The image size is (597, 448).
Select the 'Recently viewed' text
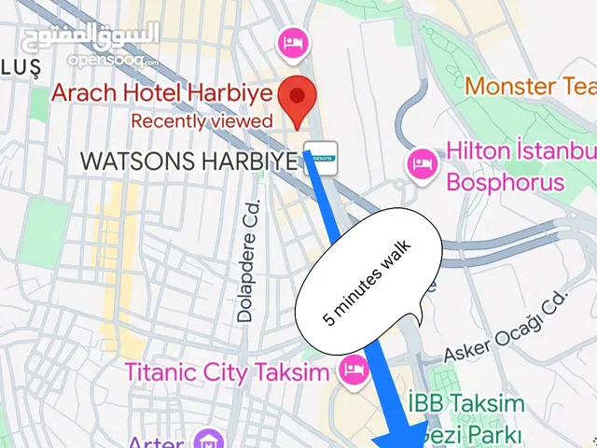[x=201, y=120]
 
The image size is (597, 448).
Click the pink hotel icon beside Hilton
[x=421, y=162]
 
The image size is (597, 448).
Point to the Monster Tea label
[x=530, y=87]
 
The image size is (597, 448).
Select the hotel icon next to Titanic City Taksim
[x=353, y=368]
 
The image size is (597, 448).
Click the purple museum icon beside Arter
[x=206, y=439]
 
